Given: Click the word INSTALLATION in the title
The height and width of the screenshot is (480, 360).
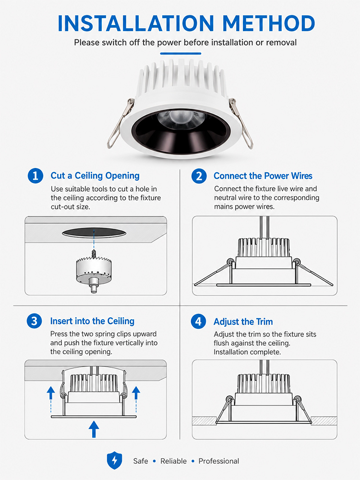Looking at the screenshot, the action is coord(136,23).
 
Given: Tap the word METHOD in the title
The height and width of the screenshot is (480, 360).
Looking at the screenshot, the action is coord(268,23).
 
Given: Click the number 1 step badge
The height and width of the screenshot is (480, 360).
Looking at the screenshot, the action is coord(36,176).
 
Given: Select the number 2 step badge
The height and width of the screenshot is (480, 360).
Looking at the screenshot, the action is coord(199,176).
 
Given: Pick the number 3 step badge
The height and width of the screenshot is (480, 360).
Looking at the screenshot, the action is coord(34,321).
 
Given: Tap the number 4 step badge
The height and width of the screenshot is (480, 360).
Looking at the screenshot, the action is coord(198,322).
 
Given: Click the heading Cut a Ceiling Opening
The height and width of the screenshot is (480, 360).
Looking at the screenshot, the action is coord(95,176).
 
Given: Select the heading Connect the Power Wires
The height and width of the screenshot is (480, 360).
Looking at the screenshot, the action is coord(263,176).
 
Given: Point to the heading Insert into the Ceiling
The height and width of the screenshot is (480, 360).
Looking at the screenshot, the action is coord(92,321).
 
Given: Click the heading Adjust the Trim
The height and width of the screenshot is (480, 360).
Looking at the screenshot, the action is coord(243,322).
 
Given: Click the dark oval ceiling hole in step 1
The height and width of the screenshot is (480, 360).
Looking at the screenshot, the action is coord(94,233).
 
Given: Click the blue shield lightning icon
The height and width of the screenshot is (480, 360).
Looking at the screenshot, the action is coord(115,460).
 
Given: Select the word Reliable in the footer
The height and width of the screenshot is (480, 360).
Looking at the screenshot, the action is coord(174,461).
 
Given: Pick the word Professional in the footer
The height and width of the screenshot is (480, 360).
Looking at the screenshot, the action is coord(219,461).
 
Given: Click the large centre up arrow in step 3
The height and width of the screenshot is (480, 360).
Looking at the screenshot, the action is coord(94,429).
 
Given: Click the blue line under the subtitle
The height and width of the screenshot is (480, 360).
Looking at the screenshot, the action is coord(180,54).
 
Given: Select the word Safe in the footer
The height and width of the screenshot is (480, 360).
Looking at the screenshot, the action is coord(141,461).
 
